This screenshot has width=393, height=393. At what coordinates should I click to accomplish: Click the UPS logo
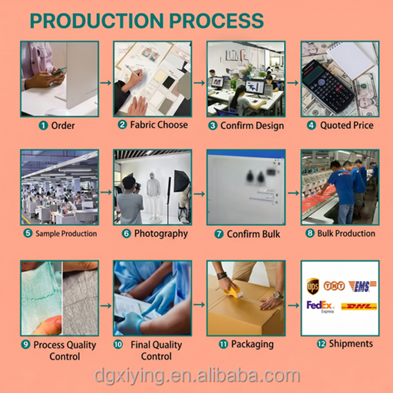[313, 286]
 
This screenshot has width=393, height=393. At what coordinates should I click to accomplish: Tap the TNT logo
[334, 286]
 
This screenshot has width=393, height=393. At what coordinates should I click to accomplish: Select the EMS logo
[362, 286]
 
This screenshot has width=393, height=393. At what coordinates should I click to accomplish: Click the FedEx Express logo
[320, 307]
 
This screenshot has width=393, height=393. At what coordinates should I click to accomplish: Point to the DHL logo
[359, 307]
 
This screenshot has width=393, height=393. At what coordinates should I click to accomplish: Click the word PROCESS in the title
[216, 20]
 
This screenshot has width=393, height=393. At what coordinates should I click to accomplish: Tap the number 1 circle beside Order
[43, 125]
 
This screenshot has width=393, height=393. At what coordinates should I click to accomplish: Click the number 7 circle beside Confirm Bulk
[219, 234]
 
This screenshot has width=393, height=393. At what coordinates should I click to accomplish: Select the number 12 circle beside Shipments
[322, 344]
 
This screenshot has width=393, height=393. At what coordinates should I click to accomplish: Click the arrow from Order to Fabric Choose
[105, 83]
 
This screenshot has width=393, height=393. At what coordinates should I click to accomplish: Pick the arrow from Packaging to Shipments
[293, 305]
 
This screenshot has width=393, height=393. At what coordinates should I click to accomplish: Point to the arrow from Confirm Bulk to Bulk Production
[293, 193]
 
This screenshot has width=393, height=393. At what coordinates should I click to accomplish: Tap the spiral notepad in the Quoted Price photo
[351, 60]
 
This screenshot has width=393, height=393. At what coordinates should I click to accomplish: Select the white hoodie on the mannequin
[153, 186]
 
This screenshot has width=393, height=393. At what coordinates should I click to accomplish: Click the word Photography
[161, 234]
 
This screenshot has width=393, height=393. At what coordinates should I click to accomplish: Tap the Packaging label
[252, 345]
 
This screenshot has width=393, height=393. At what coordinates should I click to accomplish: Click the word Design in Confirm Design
[267, 126]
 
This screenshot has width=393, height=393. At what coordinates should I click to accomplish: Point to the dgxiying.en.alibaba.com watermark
[197, 375]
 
